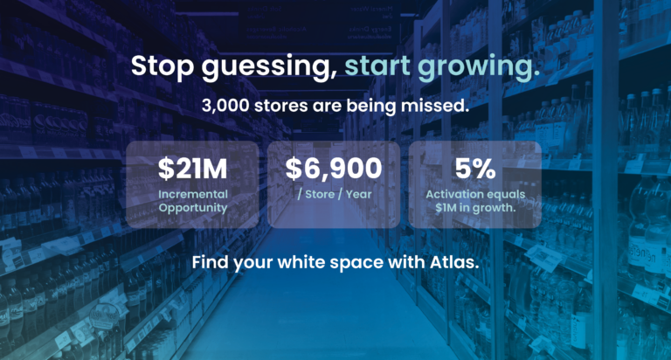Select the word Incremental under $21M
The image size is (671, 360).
click(x=193, y=194)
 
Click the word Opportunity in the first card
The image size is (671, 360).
click(x=193, y=208)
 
